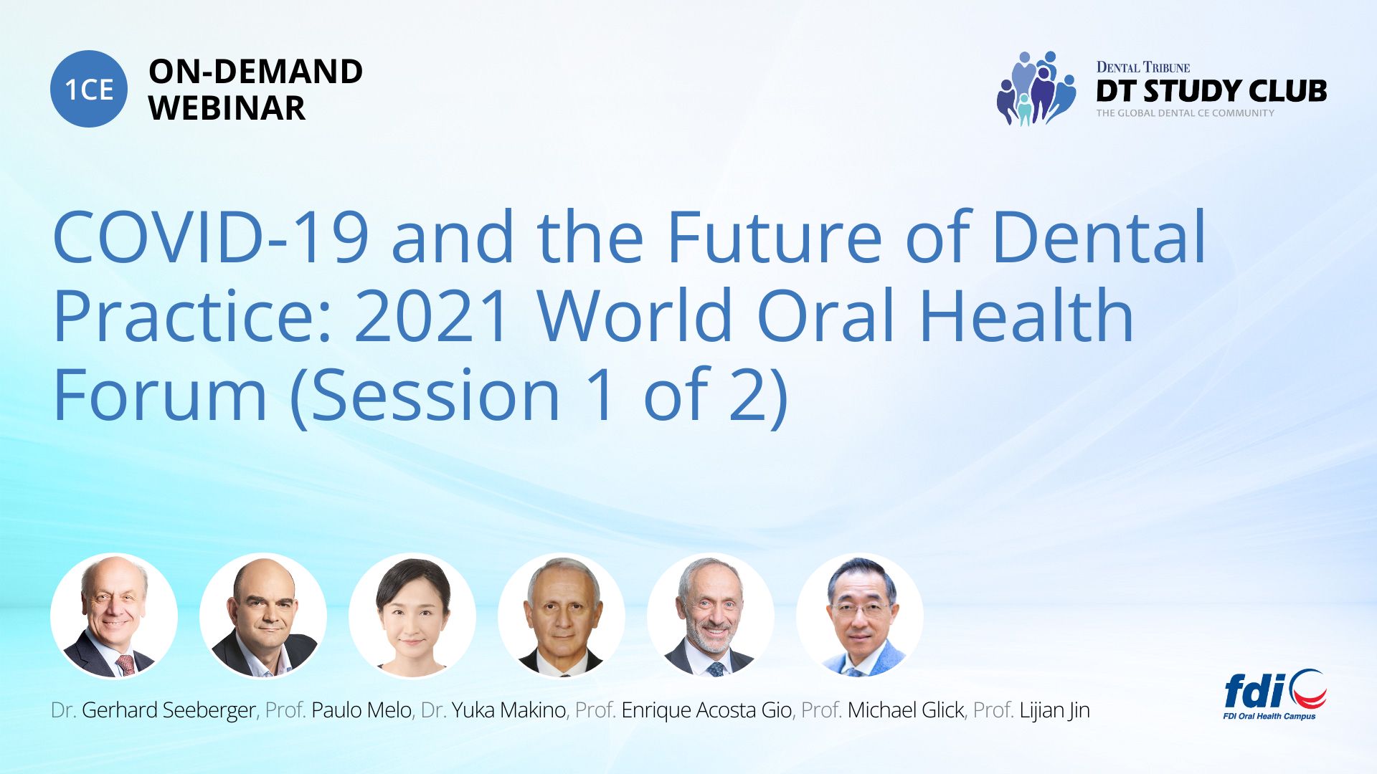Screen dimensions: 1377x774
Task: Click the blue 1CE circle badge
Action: pyautogui.click(x=89, y=89)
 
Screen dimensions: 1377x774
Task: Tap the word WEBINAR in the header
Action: pyautogui.click(x=227, y=108)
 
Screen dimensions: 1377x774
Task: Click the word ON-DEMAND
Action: pyautogui.click(x=255, y=72)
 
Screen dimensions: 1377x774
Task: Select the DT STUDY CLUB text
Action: pyautogui.click(x=1211, y=91)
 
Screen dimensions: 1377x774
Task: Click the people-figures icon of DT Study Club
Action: pyautogui.click(x=1036, y=88)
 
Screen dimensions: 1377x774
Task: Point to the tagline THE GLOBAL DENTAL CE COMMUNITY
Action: pyautogui.click(x=1185, y=113)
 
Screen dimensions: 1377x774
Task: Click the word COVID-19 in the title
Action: pyautogui.click(x=212, y=237)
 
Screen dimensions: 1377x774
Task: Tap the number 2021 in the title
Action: pyautogui.click(x=432, y=316)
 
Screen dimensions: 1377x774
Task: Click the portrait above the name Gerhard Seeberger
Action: pyautogui.click(x=114, y=616)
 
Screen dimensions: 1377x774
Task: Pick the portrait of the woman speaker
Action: pyautogui.click(x=412, y=616)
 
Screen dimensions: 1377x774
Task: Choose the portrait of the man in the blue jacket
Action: pyautogui.click(x=860, y=616)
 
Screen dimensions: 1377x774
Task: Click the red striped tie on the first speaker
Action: pyautogui.click(x=126, y=665)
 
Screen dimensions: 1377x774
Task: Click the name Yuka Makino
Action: pyautogui.click(x=508, y=710)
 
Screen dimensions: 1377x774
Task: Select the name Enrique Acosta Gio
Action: pyautogui.click(x=706, y=710)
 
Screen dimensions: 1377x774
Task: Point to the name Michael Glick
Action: pyautogui.click(x=906, y=710)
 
